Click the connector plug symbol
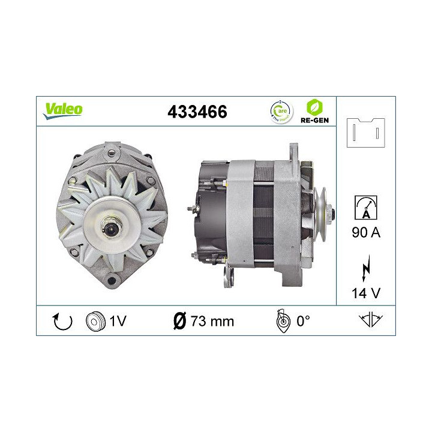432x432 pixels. [365, 131]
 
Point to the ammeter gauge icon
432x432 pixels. [366, 207]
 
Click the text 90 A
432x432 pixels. [365, 232]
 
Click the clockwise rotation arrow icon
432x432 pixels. [62, 321]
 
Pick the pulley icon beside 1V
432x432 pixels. [95, 321]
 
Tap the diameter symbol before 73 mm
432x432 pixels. [178, 321]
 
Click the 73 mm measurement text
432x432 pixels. [211, 321]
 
